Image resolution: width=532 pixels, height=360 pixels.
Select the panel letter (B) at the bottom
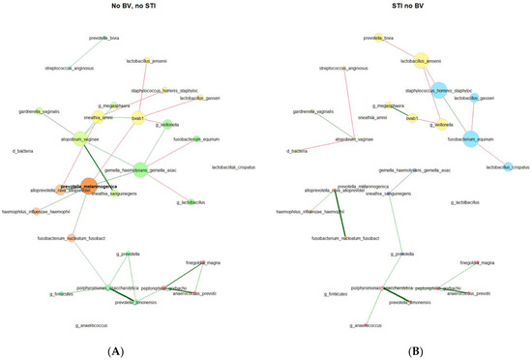pyautogui.click(x=399, y=350)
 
